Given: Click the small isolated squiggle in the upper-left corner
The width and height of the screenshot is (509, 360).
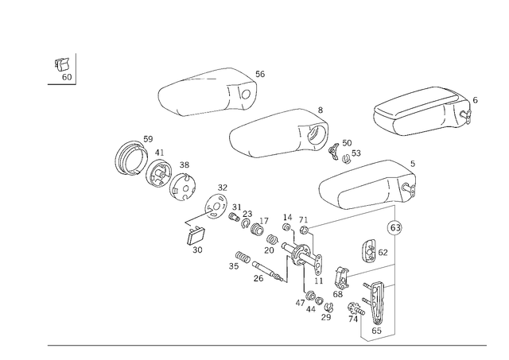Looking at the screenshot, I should click(63, 68).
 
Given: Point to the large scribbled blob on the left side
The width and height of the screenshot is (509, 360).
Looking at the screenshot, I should click(155, 165).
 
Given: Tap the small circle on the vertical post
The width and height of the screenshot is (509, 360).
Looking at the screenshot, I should click(392, 229).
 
